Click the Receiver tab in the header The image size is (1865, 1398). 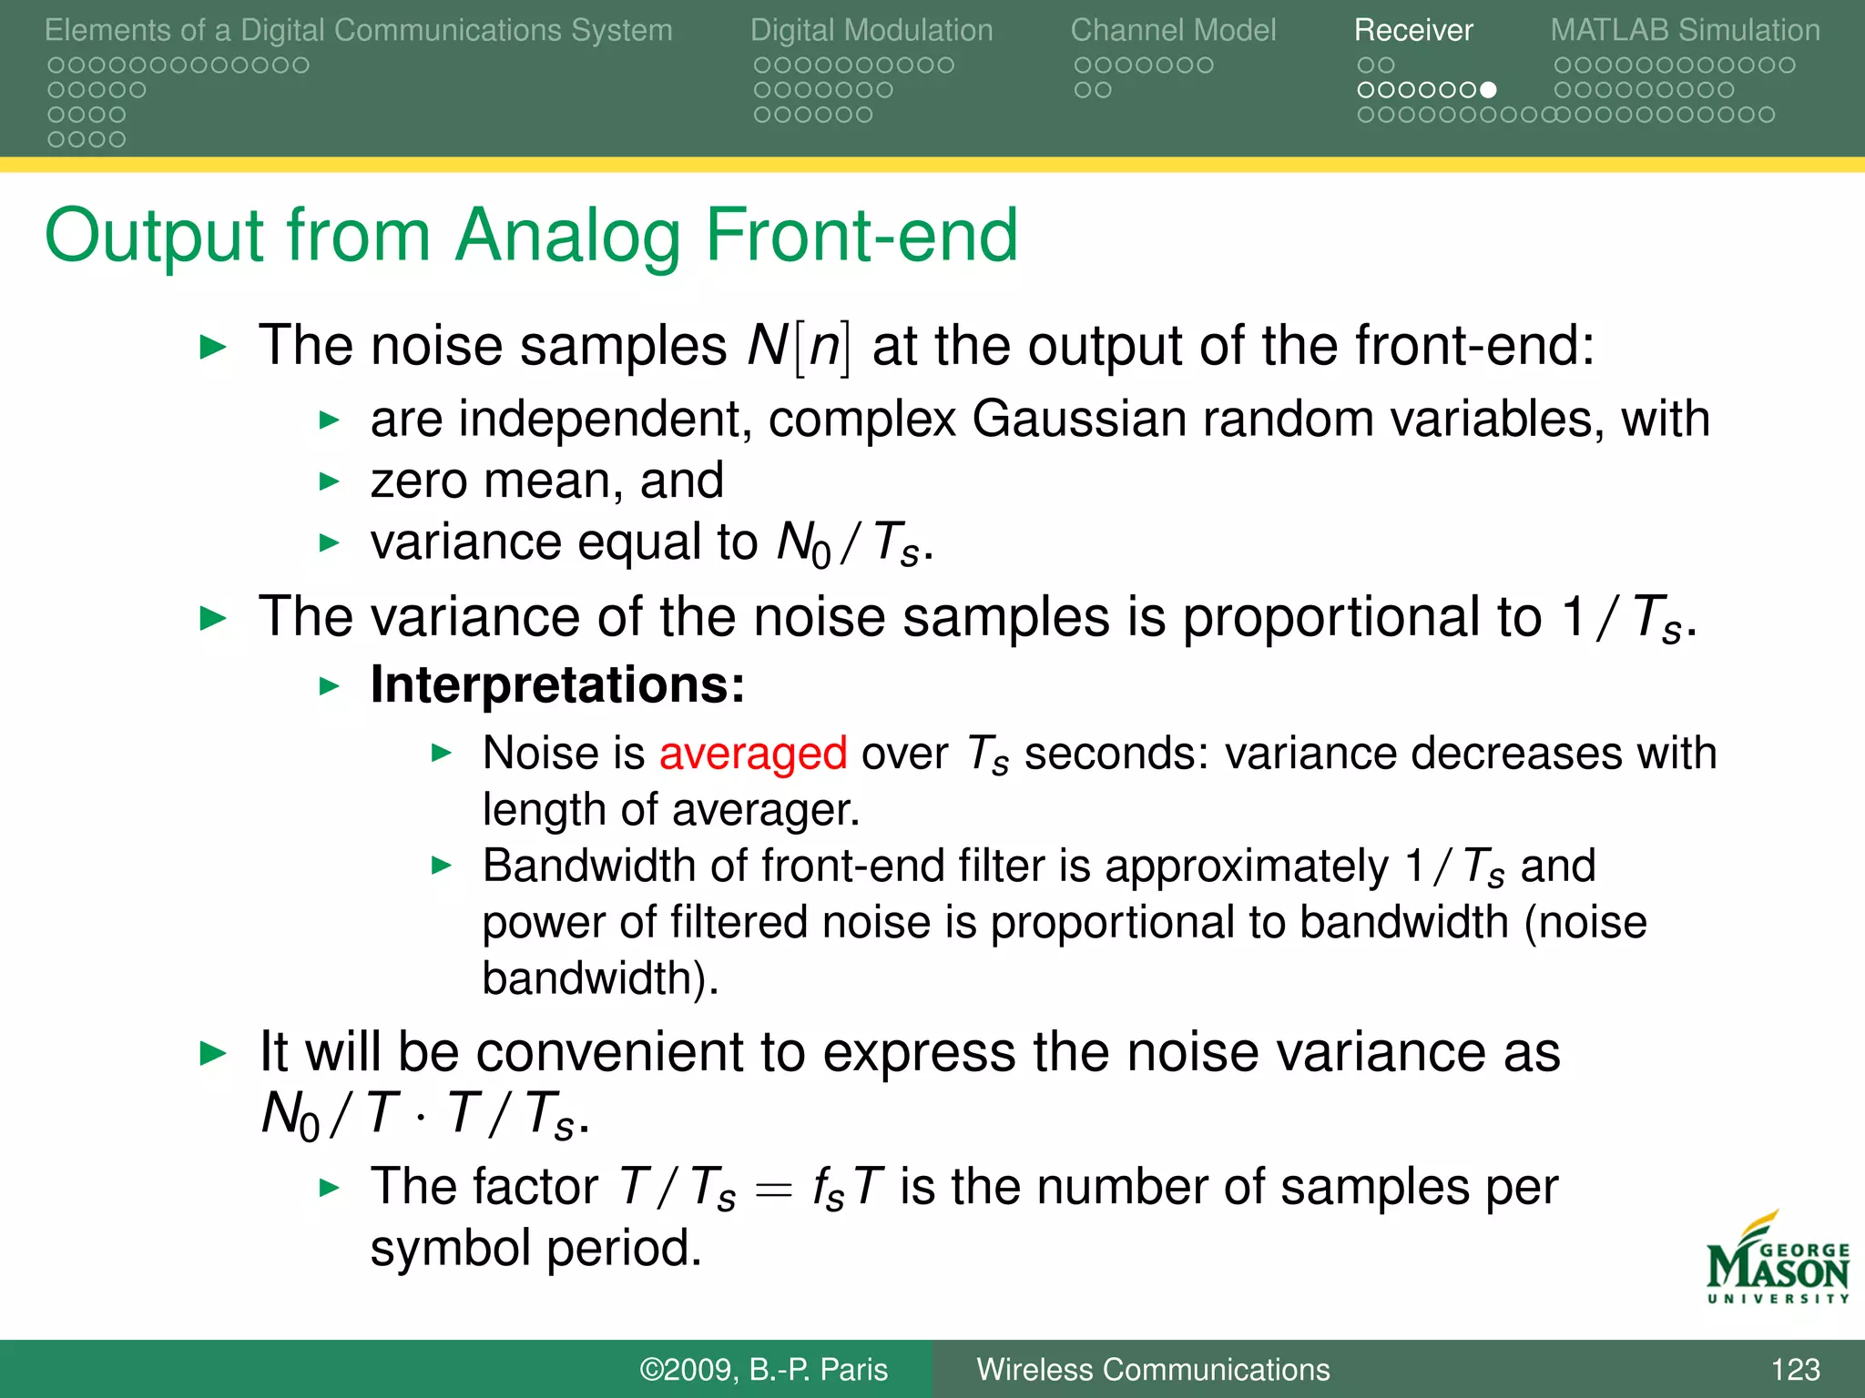pos(1412,30)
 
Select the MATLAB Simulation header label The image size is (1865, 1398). pos(1685,30)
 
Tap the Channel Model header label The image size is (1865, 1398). pos(1173,30)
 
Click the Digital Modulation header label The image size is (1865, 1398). pos(871,30)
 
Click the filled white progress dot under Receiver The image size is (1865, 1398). pos(1488,90)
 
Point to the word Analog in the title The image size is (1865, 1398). pos(568,236)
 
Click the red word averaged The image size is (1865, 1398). pos(753,754)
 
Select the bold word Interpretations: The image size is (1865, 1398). pos(557,684)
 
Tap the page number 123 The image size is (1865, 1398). pos(1795,1370)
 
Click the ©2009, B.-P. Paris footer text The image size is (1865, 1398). pos(763,1370)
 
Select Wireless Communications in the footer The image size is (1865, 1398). pos(1153,1370)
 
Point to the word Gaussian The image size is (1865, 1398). pos(1078,419)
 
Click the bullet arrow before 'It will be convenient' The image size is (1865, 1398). pos(212,1054)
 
